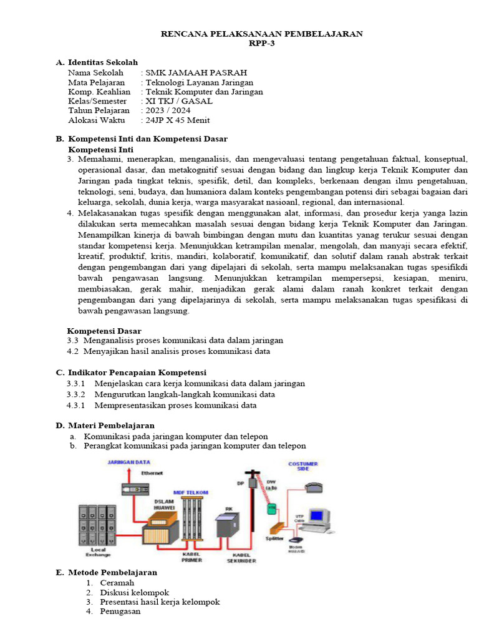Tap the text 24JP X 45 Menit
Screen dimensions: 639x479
[x=177, y=120]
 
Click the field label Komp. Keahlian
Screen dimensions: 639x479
[x=99, y=91]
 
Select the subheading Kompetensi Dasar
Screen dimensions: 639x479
[x=104, y=331]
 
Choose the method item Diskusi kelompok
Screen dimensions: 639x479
[x=134, y=592]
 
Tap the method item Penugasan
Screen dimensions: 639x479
[x=120, y=611]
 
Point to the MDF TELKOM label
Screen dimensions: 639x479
[x=191, y=492]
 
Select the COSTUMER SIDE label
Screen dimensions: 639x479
[x=303, y=466]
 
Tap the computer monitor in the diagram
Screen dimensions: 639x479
[x=319, y=517]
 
